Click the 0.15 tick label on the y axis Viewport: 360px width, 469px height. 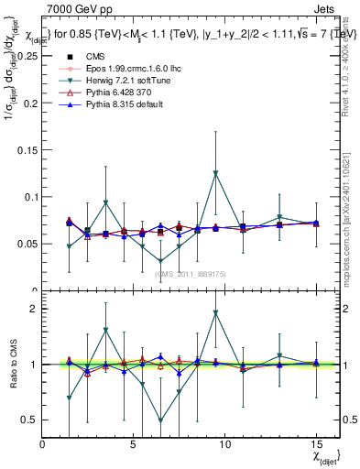[x=27, y=149]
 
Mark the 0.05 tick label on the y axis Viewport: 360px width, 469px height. [x=27, y=244]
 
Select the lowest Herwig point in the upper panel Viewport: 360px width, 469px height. [x=161, y=261]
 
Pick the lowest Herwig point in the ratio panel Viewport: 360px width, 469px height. [x=161, y=420]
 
